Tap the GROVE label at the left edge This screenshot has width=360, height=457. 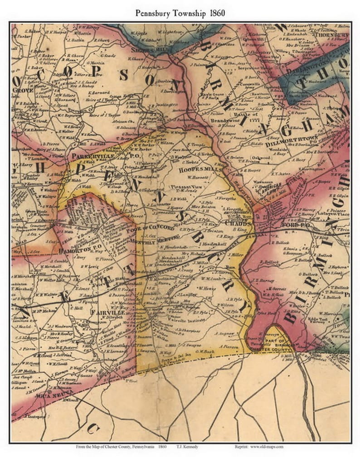20,91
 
